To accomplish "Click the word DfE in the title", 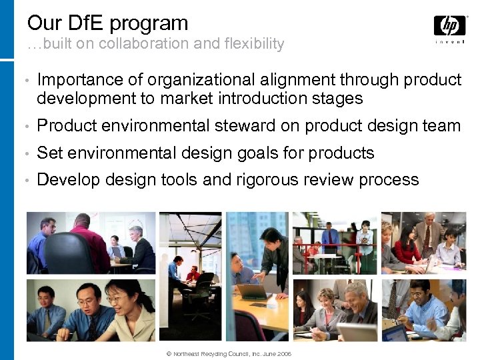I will [x=88, y=23].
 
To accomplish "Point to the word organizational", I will [x=199, y=80].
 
